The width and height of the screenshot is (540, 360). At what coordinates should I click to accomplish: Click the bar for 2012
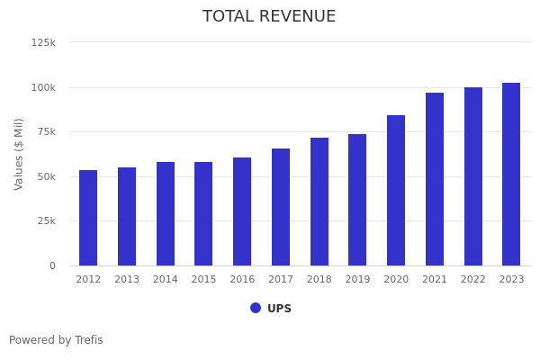[88, 218]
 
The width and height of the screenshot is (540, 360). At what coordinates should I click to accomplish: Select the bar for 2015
[203, 213]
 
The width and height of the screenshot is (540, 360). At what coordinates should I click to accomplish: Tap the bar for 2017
[281, 207]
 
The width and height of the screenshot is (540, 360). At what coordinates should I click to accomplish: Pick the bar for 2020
[396, 190]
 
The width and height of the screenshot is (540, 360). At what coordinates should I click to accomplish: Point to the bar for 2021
[435, 179]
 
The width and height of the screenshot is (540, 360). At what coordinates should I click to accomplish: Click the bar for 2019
[357, 200]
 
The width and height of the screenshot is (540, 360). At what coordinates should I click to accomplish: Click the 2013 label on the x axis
[127, 280]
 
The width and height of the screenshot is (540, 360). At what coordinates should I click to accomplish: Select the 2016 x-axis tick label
[242, 280]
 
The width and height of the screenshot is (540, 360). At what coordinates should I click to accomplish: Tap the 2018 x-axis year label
[319, 280]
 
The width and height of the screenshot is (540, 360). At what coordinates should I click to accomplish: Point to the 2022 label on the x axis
[473, 280]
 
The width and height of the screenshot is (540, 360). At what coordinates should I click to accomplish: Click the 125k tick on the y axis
[43, 42]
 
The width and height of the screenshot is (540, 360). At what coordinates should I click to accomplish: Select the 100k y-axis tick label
[43, 87]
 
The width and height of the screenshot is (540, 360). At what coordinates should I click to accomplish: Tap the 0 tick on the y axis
[52, 265]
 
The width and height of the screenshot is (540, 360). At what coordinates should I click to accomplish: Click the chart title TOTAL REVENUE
[269, 17]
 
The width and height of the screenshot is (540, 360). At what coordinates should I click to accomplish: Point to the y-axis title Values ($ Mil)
[19, 154]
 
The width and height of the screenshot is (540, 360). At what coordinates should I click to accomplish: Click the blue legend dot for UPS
[256, 308]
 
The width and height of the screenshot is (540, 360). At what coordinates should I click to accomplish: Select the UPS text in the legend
[279, 309]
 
